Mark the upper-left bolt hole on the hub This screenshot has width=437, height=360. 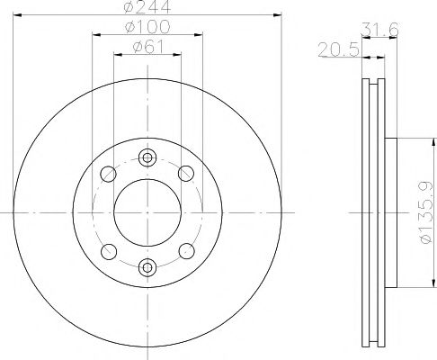(x=108, y=173)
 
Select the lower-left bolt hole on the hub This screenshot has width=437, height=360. (x=108, y=249)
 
